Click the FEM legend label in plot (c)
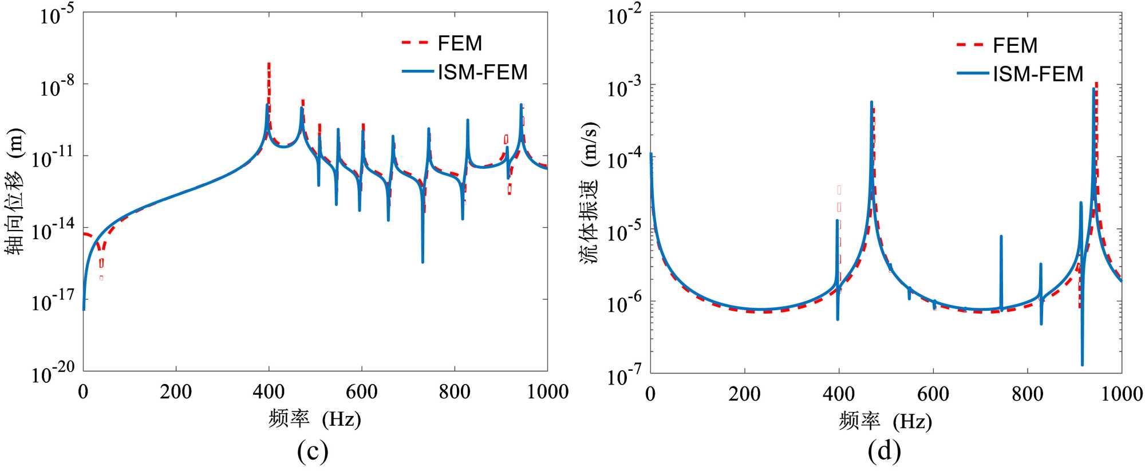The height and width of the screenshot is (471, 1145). (x=460, y=43)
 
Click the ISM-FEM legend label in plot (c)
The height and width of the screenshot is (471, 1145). (x=482, y=72)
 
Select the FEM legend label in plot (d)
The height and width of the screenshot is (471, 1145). (x=1015, y=45)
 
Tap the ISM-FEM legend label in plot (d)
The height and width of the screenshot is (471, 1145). (x=1038, y=74)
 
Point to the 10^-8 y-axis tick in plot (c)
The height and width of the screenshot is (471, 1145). (x=57, y=87)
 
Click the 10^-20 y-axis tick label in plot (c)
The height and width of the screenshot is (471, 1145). (x=53, y=373)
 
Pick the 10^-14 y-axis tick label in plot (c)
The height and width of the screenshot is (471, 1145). (x=53, y=230)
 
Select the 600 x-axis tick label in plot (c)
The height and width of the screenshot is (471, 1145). (x=361, y=392)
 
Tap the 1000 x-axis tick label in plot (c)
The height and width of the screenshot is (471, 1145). (x=547, y=392)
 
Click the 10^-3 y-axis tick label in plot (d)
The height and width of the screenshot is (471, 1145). (x=625, y=88)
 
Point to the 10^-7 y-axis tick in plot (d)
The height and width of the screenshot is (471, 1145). (x=625, y=375)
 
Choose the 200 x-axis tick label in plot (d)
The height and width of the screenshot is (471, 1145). (x=744, y=394)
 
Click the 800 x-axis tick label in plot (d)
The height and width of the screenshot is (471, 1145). (x=1027, y=394)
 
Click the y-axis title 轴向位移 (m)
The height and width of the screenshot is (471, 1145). (x=15, y=191)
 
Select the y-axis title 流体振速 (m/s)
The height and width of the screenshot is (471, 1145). (x=589, y=193)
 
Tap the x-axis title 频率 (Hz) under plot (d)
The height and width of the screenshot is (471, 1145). (x=885, y=421)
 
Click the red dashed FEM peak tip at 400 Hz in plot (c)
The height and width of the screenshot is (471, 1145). (x=269, y=64)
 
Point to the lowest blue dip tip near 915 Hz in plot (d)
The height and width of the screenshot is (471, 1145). (x=1082, y=365)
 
